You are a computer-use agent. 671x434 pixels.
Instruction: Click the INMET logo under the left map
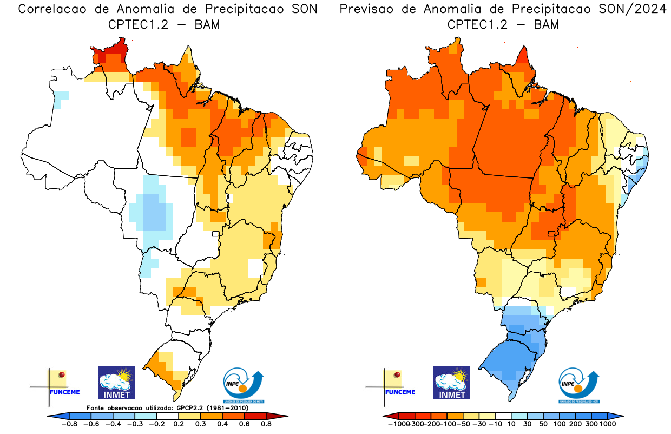[x=116, y=382]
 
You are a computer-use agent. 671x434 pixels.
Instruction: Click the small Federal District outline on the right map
[x=551, y=234]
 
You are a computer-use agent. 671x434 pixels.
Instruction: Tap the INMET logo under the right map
[x=452, y=382]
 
